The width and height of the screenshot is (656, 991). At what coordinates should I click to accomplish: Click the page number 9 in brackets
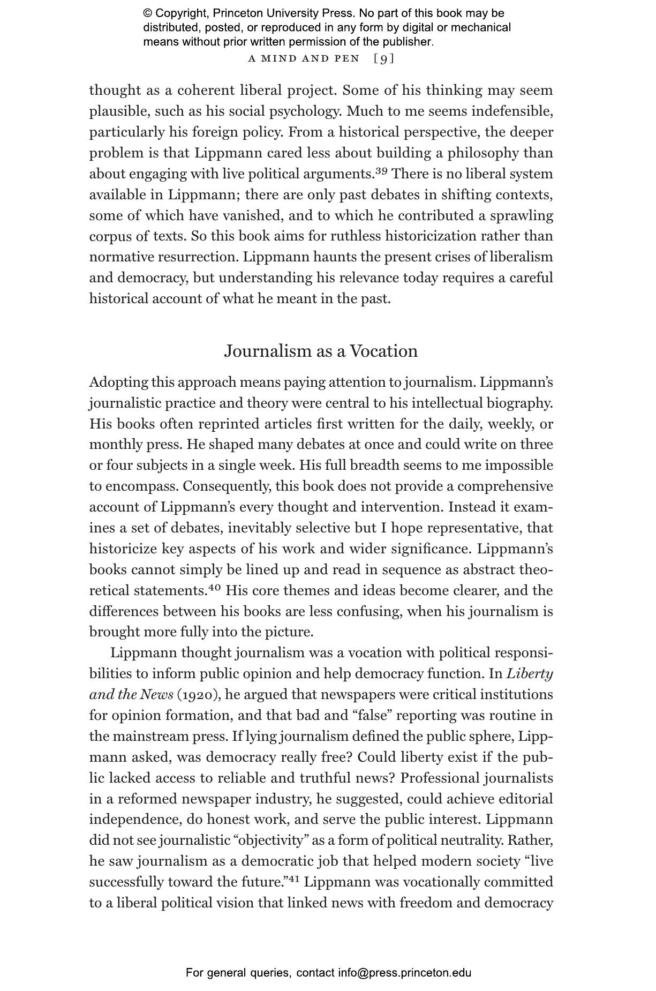pos(384,58)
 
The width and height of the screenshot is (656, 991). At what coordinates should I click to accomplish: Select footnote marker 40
pos(214,588)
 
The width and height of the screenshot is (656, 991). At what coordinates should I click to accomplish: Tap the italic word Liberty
pos(530,674)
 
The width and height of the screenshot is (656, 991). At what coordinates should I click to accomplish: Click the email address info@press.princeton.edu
pos(404,972)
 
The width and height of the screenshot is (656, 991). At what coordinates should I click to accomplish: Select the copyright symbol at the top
pos(148,13)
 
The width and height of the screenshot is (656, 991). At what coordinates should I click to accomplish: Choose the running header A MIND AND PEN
pos(304,58)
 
